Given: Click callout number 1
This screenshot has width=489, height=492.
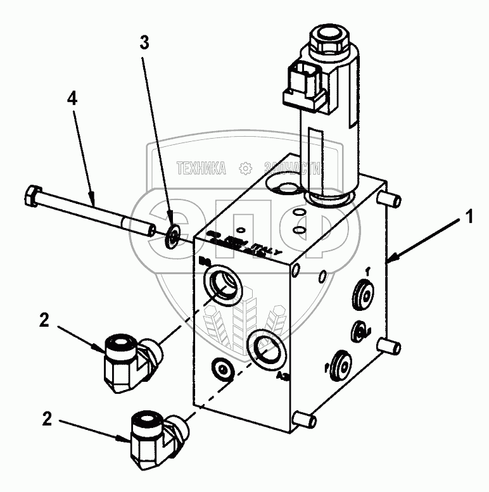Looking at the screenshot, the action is coord(469,218).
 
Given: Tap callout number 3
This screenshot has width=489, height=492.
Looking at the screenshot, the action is coord(145,43).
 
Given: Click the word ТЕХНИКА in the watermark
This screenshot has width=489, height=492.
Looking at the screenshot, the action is coord(201,168).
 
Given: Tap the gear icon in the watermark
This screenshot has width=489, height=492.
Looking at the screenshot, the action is coord(243,168).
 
